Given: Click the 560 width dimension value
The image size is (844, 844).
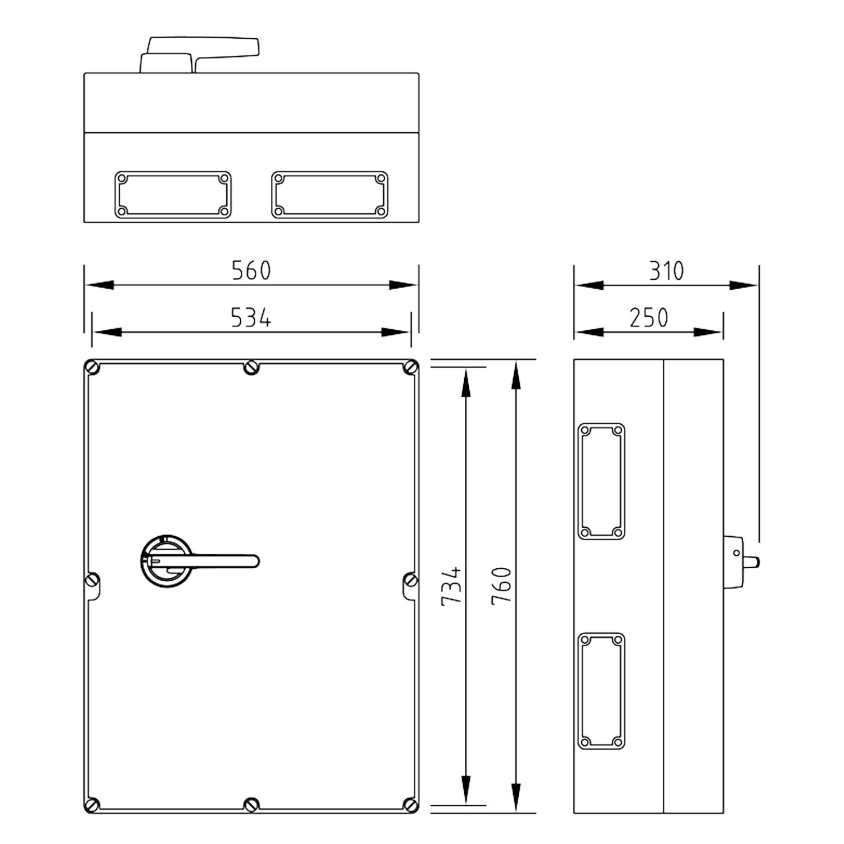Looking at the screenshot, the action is point(251,271).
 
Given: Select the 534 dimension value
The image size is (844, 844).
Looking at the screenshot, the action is point(251,318).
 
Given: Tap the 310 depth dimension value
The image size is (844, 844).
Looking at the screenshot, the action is point(667,271).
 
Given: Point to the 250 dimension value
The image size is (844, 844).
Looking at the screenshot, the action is point(649,318).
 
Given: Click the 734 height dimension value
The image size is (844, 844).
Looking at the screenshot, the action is point(451,586).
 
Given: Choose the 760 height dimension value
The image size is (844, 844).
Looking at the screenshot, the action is point(501,586).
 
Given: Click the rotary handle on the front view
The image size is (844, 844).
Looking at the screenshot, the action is point(199,561).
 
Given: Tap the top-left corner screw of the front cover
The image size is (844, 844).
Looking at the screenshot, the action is point(93,368).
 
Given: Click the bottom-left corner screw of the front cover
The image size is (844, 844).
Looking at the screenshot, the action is point(93,805).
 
